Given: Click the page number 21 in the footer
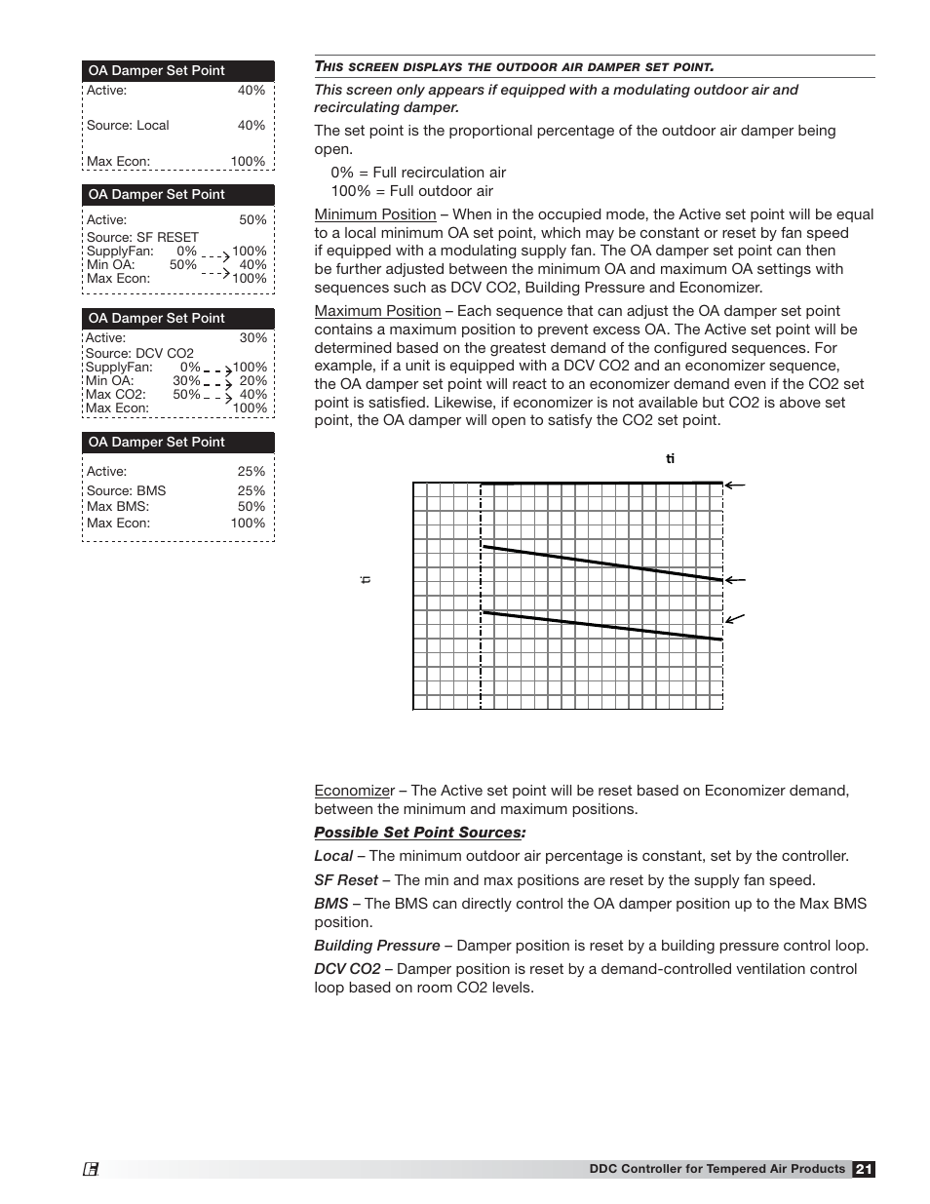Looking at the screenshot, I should [x=864, y=1169].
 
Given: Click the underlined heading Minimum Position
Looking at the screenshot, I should [x=374, y=214].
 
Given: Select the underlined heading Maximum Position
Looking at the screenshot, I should [x=377, y=311].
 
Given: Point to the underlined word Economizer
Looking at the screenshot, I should [x=354, y=791].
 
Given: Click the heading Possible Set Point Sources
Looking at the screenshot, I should [x=419, y=833].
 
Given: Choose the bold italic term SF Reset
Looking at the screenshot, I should [x=345, y=880].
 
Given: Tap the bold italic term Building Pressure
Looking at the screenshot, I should [x=376, y=946].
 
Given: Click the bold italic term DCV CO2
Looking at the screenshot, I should [x=347, y=969].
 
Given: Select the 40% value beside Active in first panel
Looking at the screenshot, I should [x=252, y=91].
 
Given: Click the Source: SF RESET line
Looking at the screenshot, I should [x=142, y=237].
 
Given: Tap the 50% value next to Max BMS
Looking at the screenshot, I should [x=252, y=507].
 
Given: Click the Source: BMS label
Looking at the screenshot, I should [x=126, y=490].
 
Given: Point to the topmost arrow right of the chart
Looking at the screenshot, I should [x=735, y=485].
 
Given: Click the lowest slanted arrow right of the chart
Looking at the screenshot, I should [x=735, y=618].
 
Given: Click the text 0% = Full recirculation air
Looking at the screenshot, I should [x=418, y=173].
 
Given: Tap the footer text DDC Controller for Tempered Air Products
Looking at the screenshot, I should [x=717, y=1169].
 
